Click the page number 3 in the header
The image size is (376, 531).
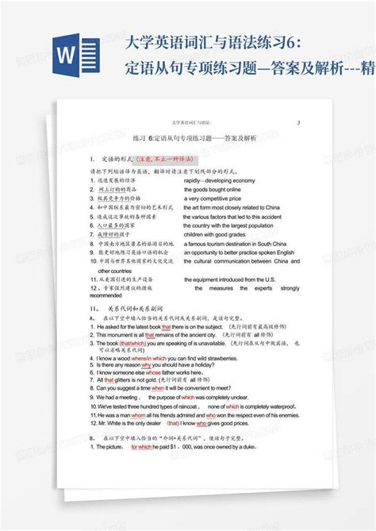[297, 123]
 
